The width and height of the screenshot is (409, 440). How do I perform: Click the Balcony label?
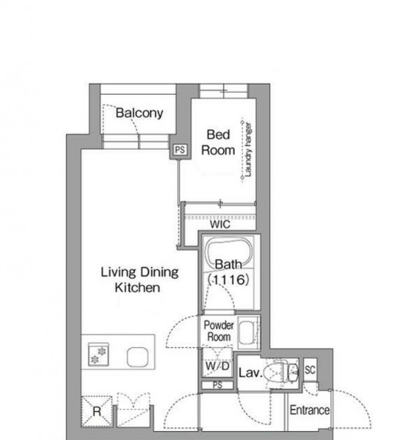[139, 113]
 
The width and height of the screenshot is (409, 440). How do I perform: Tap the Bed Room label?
[218, 142]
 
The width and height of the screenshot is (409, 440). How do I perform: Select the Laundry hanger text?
[248, 150]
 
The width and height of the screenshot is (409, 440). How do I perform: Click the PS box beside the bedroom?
[180, 150]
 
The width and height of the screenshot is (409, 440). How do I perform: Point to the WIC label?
[220, 224]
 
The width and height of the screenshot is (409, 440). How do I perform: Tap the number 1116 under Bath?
[229, 280]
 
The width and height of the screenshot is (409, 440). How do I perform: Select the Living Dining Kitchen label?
[140, 280]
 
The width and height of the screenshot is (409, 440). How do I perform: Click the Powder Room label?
[219, 331]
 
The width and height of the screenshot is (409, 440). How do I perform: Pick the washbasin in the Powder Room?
[248, 333]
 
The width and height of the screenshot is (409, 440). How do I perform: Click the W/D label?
[218, 366]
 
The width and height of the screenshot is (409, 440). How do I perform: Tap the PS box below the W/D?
[218, 385]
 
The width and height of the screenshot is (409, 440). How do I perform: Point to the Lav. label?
[251, 373]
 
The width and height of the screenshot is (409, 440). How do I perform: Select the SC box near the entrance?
[310, 370]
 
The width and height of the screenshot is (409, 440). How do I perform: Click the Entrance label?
[309, 410]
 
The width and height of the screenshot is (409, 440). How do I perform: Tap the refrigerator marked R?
[96, 412]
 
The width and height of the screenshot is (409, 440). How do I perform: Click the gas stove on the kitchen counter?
[98, 354]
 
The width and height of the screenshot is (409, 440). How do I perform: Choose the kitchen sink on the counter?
[138, 357]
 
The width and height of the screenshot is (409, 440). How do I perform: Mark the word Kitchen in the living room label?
[138, 287]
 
